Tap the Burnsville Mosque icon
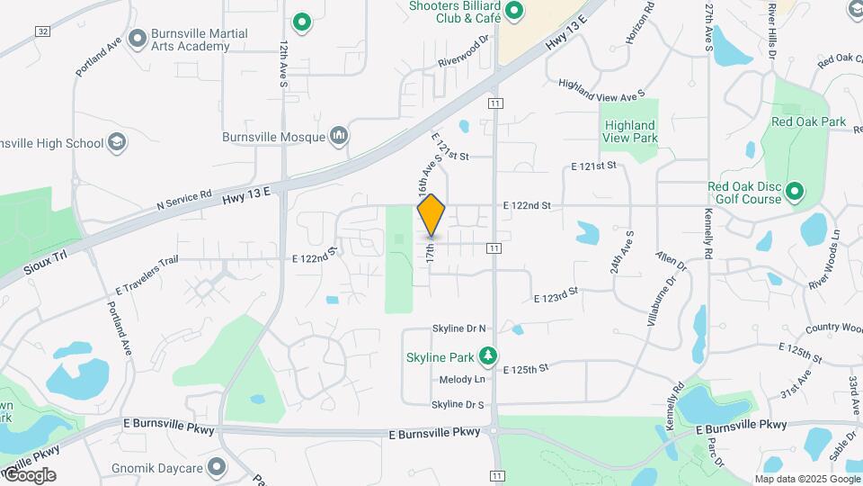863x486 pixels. point(339,137)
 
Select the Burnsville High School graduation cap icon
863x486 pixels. point(117,143)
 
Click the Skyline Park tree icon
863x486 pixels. point(488,356)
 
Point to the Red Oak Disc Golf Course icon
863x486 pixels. point(794,192)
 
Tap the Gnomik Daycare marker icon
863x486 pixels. point(217,466)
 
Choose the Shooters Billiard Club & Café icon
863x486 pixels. point(514,11)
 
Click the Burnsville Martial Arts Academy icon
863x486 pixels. point(138,39)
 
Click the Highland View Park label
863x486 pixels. point(630,131)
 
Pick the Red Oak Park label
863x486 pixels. point(808,121)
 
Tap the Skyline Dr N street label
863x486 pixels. point(458,328)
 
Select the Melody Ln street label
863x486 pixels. point(462,380)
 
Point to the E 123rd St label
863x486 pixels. point(555,294)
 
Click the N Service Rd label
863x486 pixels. point(183,200)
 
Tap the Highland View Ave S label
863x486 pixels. point(601,89)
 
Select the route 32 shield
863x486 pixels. point(42,31)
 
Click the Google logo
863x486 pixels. point(29,474)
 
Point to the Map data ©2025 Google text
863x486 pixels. point(806,478)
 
